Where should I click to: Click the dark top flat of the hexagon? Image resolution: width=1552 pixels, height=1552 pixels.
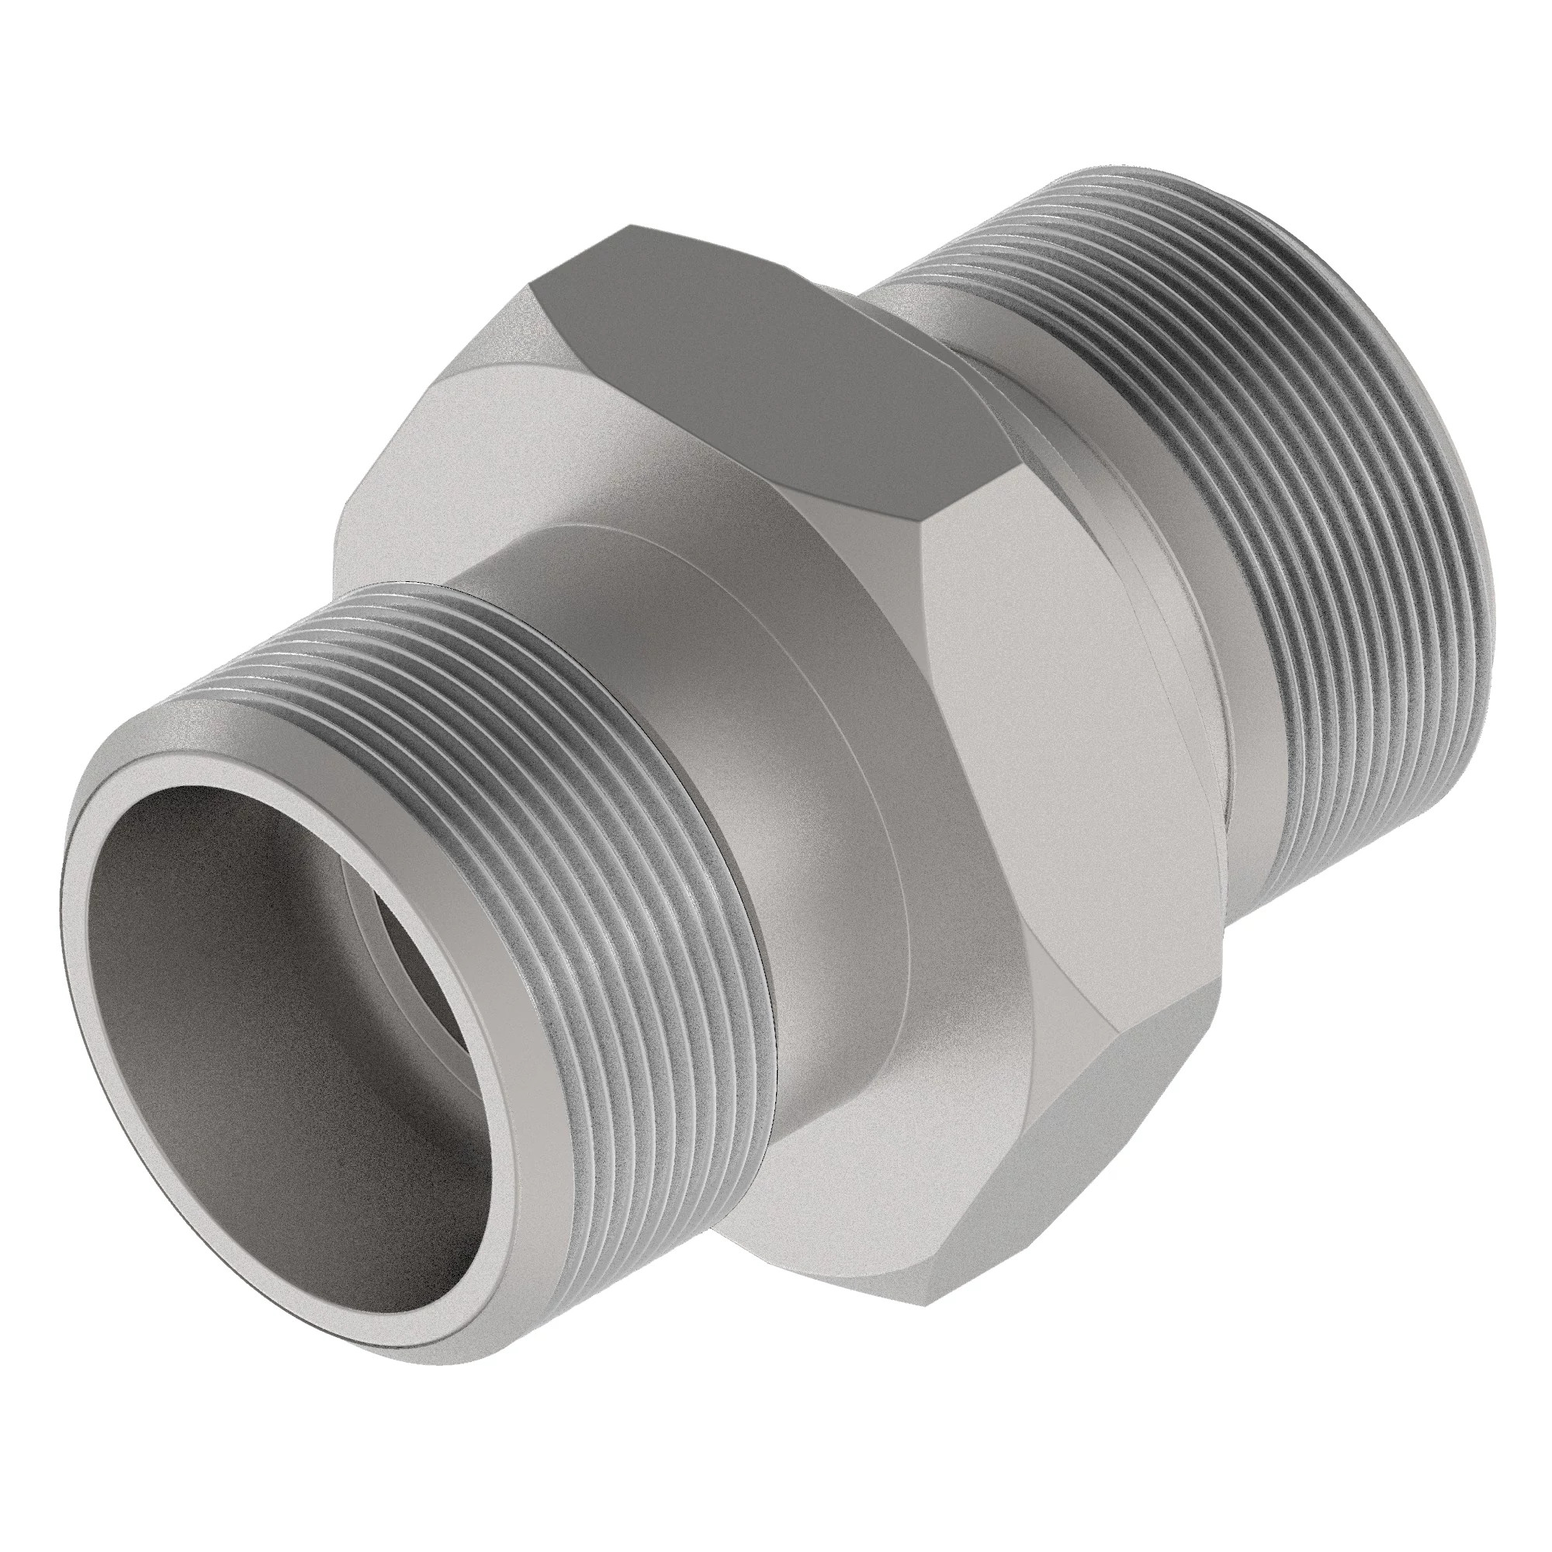tap(771, 345)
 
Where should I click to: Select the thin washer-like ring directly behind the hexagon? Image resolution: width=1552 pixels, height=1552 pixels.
tap(1124, 563)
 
